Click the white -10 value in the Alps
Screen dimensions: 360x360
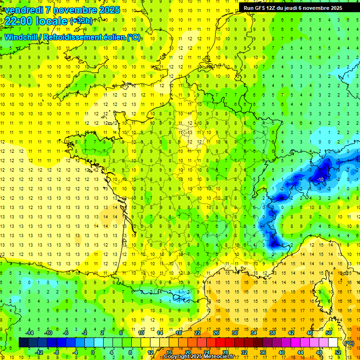pos(321,180)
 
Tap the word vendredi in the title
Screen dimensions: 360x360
pos(22,10)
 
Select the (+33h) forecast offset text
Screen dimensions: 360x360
pos(81,21)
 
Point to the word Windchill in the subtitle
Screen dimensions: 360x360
pos(21,37)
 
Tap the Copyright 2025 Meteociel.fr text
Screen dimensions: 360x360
pos(199,357)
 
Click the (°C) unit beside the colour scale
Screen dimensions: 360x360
pos(349,343)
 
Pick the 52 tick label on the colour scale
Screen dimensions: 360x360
pos(337,352)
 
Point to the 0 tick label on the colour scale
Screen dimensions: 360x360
pos(93,352)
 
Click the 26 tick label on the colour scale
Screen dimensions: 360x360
pos(216,333)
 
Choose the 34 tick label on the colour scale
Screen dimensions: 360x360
pos(254,333)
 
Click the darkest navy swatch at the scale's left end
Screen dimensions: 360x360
pos(23,343)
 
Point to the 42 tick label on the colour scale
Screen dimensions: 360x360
pos(291,333)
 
